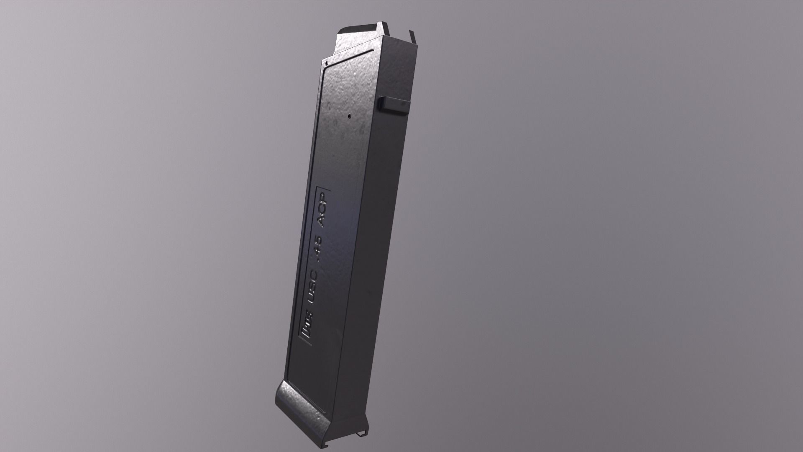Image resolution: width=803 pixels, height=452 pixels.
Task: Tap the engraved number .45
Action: point(318,249)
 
